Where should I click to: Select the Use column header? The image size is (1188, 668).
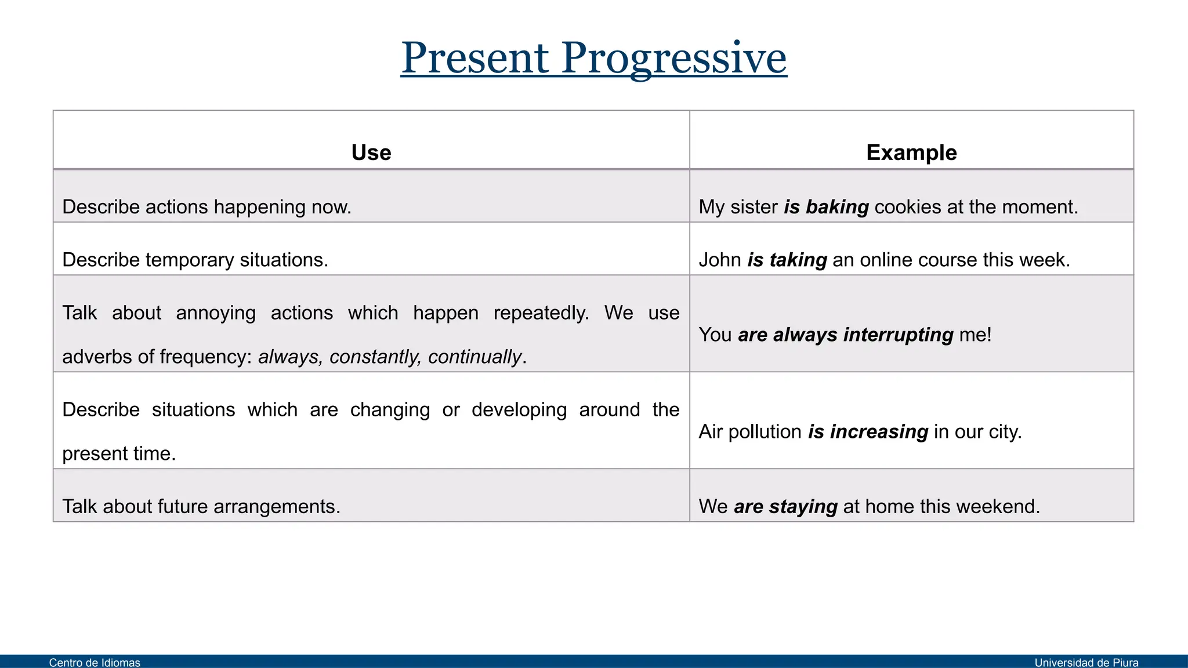pos(371,153)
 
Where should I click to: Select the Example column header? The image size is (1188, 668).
pos(911,153)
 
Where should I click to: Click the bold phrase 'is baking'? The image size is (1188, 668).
pos(826,207)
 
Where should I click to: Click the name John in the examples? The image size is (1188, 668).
pos(720,260)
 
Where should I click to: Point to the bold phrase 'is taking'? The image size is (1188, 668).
pos(787,260)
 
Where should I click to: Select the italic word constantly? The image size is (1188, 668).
pos(375,357)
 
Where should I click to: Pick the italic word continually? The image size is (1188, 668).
pos(475,357)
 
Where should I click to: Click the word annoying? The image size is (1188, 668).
pos(216,313)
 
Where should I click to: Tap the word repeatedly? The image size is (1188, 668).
pos(541,313)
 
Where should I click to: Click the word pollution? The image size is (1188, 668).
pos(765,432)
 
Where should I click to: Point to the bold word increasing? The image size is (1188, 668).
pos(879,432)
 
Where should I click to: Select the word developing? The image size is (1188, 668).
pos(519,410)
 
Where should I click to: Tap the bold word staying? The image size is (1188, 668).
pos(803,507)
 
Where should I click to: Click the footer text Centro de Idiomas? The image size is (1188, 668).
pos(95,662)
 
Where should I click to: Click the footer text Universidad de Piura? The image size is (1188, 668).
pos(1086,662)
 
